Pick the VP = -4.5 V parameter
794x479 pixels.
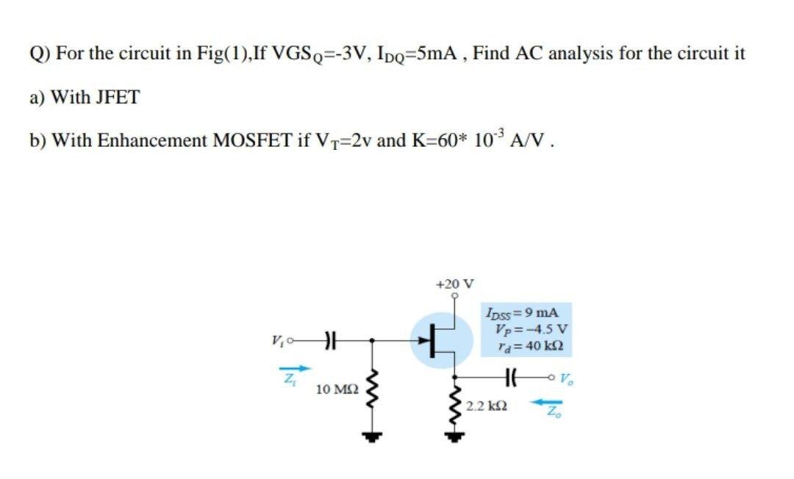tap(526, 328)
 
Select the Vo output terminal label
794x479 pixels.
tap(565, 381)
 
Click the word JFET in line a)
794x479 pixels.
tap(117, 98)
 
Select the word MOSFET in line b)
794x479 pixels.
tap(248, 140)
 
